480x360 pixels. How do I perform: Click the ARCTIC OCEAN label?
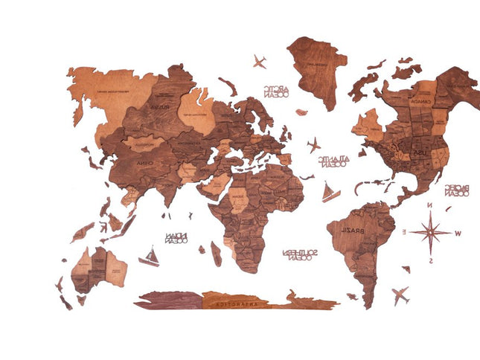(x=275, y=91)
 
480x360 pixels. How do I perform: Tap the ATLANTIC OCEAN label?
(x=332, y=161)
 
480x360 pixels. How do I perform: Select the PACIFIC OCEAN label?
(x=456, y=190)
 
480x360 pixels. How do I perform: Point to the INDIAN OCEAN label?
(x=176, y=239)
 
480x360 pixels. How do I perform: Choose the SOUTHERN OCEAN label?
(x=300, y=256)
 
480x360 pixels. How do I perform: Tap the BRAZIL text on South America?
(x=353, y=229)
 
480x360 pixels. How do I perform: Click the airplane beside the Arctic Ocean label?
(x=260, y=61)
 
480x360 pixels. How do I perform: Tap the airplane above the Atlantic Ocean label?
(x=313, y=143)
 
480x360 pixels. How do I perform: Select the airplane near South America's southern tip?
(x=400, y=295)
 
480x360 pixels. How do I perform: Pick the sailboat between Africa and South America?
(x=330, y=192)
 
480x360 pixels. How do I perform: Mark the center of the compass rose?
(x=430, y=232)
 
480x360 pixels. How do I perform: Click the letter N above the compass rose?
(x=429, y=205)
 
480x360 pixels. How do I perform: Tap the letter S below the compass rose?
(x=430, y=260)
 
